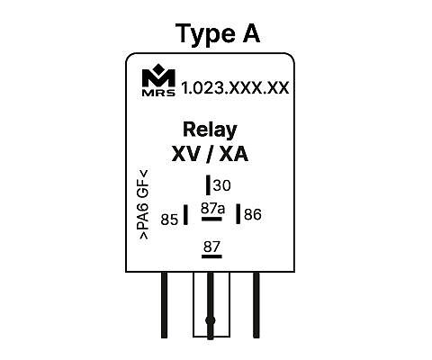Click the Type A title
[x=218, y=34]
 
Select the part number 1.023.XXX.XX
[x=236, y=88]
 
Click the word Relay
[x=210, y=130]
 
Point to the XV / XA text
[x=210, y=155]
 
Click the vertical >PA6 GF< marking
[x=144, y=204]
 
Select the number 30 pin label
[x=222, y=185]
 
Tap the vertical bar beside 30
[x=208, y=185]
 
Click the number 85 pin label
[x=169, y=220]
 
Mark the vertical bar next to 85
[x=185, y=214]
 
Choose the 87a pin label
[x=212, y=208]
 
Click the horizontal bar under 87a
[x=211, y=219]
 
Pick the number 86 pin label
[x=253, y=215]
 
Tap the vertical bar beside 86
[x=238, y=213]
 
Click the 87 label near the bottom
[x=211, y=247]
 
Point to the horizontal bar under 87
[x=211, y=256]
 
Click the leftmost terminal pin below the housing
[x=164, y=305]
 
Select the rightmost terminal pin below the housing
[x=256, y=305]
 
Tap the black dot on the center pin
[x=211, y=320]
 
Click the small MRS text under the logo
[x=158, y=93]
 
